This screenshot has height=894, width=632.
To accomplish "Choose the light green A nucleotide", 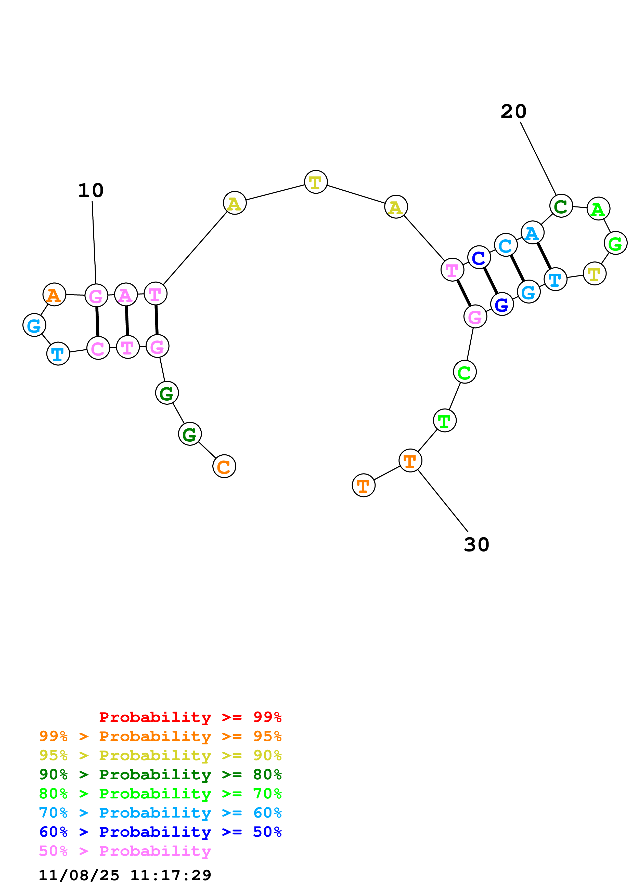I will (x=598, y=209).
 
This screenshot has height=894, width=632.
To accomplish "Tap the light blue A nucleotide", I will (x=532, y=233).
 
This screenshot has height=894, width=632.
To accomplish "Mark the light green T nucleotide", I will (x=444, y=420).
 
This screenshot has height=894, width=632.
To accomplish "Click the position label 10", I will (x=91, y=190).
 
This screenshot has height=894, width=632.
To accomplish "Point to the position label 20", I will (x=513, y=112).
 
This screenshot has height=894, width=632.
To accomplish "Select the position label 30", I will (x=476, y=544).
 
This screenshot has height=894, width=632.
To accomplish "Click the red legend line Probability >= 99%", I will (x=190, y=717).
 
